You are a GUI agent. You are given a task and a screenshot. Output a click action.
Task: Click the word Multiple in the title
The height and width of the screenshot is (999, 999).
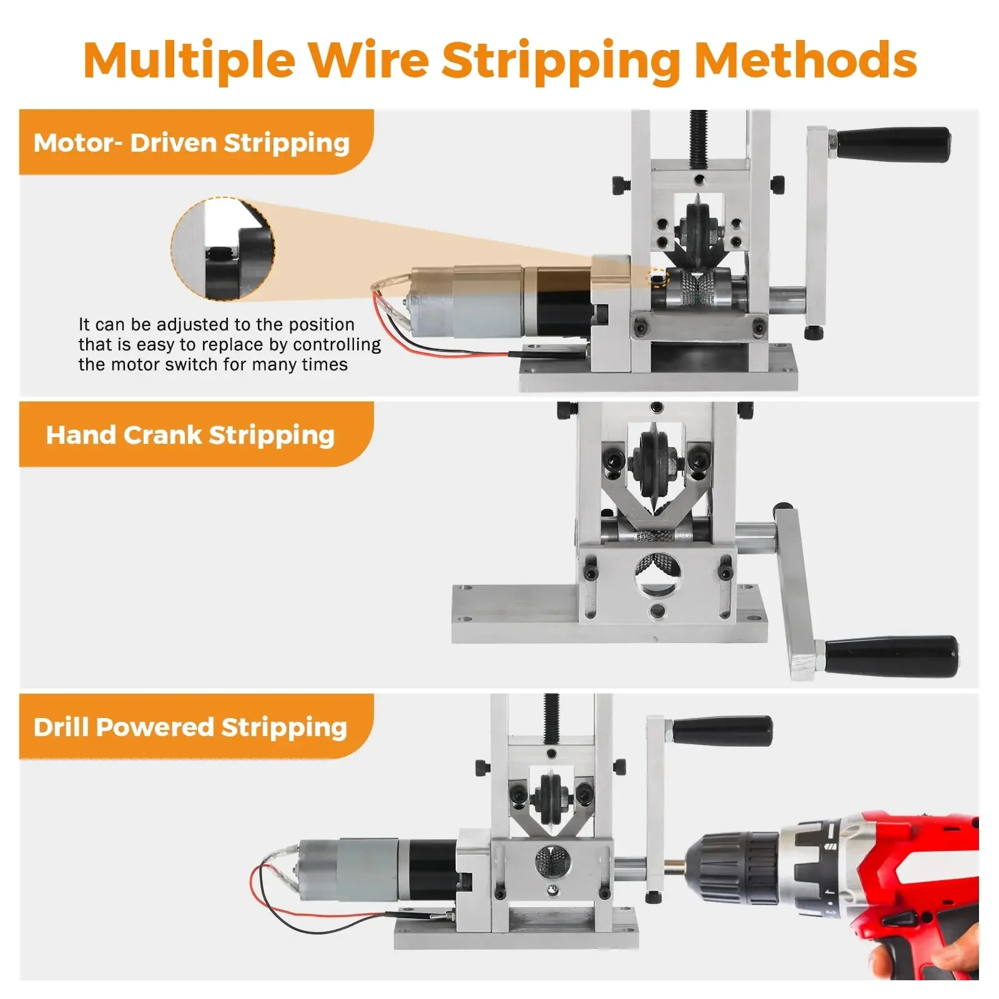coord(189,61)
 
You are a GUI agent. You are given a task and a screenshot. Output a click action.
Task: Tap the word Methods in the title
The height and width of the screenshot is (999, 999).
coord(805,60)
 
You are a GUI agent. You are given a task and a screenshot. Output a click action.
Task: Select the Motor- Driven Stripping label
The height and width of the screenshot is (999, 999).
coord(192,143)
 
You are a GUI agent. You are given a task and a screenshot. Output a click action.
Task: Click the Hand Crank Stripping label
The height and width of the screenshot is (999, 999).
coord(190,435)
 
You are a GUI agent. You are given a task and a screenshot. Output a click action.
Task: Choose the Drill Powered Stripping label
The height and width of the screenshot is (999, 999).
coord(190,727)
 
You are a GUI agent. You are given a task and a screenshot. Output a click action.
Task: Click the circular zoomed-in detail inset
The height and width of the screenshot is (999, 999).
coord(223,249)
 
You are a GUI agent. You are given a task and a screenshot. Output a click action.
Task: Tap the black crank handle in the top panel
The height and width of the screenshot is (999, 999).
coord(893,145)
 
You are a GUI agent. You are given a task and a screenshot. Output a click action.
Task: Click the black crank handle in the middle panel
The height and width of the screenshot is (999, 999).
coord(892,657)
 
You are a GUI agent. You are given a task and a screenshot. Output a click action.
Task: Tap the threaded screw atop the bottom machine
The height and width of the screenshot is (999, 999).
coord(551,719)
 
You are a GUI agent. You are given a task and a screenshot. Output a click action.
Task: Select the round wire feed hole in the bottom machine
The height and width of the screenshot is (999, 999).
coord(553,863)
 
